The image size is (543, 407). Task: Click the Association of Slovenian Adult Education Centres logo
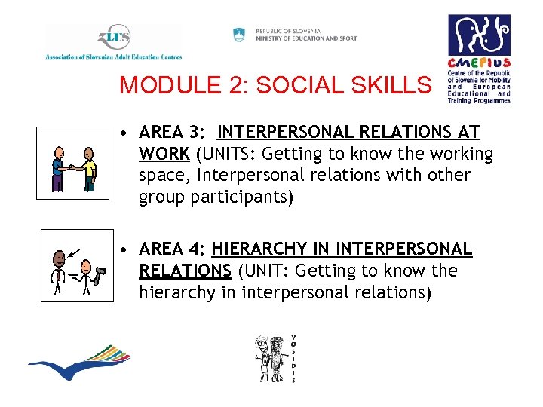click(x=113, y=42)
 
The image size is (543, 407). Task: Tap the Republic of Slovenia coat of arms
click(x=240, y=35)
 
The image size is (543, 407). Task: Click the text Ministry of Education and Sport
click(x=306, y=38)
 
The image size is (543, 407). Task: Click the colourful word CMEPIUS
click(x=479, y=63)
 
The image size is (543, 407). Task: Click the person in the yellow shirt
click(x=90, y=167)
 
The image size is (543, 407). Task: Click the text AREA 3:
click(x=173, y=133)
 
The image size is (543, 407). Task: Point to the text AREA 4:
click(x=173, y=249)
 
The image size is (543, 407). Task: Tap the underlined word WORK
click(x=164, y=155)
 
